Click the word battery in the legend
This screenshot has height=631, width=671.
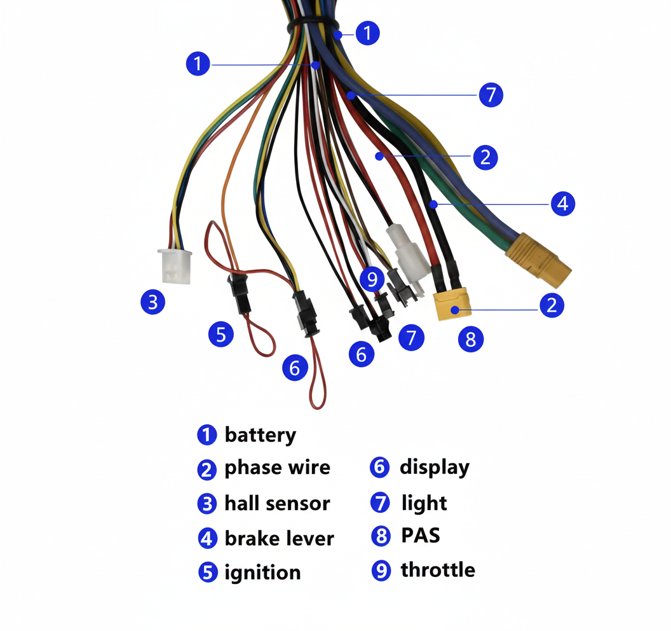[260, 435]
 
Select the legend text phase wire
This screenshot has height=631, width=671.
[277, 468]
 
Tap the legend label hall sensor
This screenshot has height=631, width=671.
[277, 503]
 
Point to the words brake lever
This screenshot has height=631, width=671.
[279, 539]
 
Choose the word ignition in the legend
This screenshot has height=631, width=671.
[263, 572]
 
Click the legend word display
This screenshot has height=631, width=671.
[435, 468]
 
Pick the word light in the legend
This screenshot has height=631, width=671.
[424, 503]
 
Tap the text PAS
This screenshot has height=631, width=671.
[421, 536]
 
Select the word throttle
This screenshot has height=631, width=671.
[438, 570]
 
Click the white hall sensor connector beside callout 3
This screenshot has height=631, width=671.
[175, 266]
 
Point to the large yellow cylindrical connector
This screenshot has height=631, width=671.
[538, 260]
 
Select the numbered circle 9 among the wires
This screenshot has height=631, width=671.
[372, 279]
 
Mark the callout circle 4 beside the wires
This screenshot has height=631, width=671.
[563, 204]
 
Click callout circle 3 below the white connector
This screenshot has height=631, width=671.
[152, 302]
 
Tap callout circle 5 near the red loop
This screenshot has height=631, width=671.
[221, 334]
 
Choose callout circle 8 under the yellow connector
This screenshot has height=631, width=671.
[471, 339]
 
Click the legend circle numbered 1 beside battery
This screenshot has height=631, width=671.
[207, 435]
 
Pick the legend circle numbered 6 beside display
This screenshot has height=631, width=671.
[379, 467]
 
